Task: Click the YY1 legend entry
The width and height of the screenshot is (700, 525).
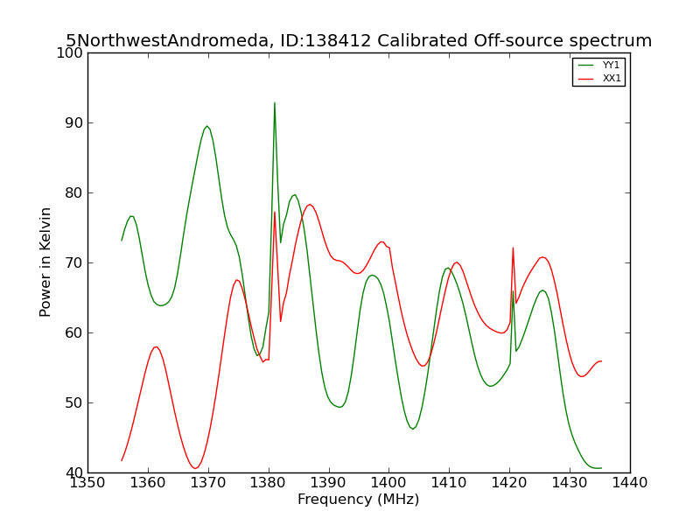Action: (x=599, y=65)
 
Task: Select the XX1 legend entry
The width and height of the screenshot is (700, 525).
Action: (x=599, y=79)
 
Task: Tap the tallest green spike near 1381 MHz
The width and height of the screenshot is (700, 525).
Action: (x=275, y=103)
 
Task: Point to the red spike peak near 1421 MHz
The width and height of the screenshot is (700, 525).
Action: (x=513, y=248)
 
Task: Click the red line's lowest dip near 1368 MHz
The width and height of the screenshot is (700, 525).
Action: (x=195, y=468)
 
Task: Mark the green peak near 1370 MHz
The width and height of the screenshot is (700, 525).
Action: (x=206, y=126)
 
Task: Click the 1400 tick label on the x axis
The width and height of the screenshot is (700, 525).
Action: (x=388, y=483)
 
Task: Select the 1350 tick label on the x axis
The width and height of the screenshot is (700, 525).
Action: (x=88, y=483)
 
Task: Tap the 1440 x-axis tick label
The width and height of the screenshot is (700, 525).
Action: (x=630, y=483)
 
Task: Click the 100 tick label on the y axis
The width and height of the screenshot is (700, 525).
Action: (x=70, y=52)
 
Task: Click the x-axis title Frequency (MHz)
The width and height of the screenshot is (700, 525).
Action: (x=359, y=500)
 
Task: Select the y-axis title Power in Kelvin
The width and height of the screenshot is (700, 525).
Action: (x=45, y=262)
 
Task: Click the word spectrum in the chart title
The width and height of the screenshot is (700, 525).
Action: (x=611, y=41)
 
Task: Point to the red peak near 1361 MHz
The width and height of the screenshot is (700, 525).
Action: (x=156, y=346)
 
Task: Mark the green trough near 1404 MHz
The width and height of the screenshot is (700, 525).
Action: (x=413, y=429)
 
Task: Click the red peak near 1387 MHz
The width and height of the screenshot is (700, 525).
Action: (x=310, y=205)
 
